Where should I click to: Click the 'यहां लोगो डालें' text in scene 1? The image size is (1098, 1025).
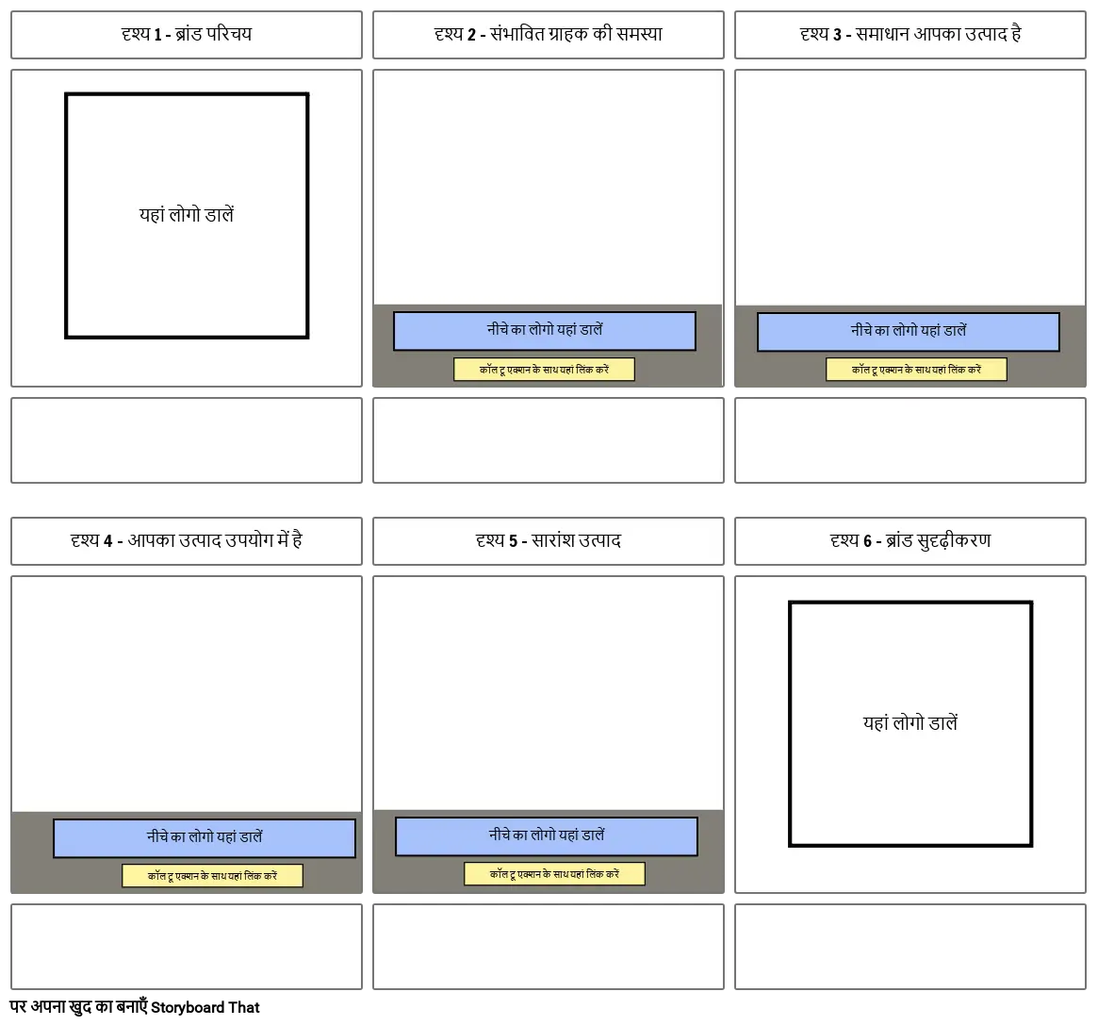[187, 215]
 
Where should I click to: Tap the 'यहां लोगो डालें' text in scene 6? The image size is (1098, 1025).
[910, 723]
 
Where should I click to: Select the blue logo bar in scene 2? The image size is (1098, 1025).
[545, 331]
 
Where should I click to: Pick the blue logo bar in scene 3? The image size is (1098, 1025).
[909, 332]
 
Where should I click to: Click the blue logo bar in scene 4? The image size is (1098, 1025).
[205, 837]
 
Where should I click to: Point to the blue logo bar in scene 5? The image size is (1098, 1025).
[547, 835]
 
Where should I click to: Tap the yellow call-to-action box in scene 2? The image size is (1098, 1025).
[544, 370]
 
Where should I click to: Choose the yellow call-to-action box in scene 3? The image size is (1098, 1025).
[916, 370]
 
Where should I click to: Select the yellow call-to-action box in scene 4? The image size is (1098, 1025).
[212, 876]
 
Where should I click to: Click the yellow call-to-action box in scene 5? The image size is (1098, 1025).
[554, 874]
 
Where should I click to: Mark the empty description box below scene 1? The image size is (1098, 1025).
[187, 440]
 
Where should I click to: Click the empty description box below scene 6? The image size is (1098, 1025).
[910, 946]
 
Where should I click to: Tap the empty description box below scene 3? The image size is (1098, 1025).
[910, 440]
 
